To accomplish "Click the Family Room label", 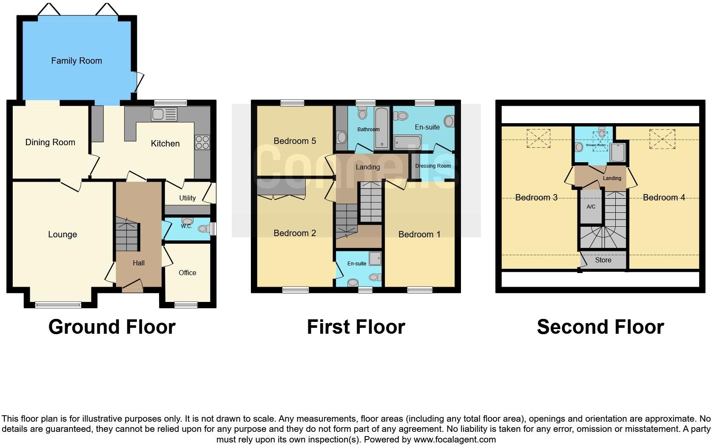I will pos(77,61).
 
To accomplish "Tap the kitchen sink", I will pos(164,114).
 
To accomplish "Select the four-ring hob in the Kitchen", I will pos(202,142).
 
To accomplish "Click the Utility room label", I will pos(187,198).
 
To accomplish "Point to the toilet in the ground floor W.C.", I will pos(204,229).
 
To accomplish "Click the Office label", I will pos(187,273).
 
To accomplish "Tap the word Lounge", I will pos(63,234).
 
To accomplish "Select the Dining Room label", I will pos(50,142).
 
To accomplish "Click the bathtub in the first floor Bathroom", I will pos(381,127).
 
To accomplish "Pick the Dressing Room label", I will pos(433,166).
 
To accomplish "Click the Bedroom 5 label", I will pos(295,141).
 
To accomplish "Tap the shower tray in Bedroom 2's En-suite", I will pos(375,258).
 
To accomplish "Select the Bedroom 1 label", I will pos(419,234).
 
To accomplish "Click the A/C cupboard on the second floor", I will pos(591,207).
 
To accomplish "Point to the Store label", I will pos(603,260).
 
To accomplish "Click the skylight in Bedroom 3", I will pos(538,138).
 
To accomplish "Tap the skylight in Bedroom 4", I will pos(662,139).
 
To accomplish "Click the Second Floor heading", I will pos(600,327).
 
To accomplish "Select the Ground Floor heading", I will pos(112,327).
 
